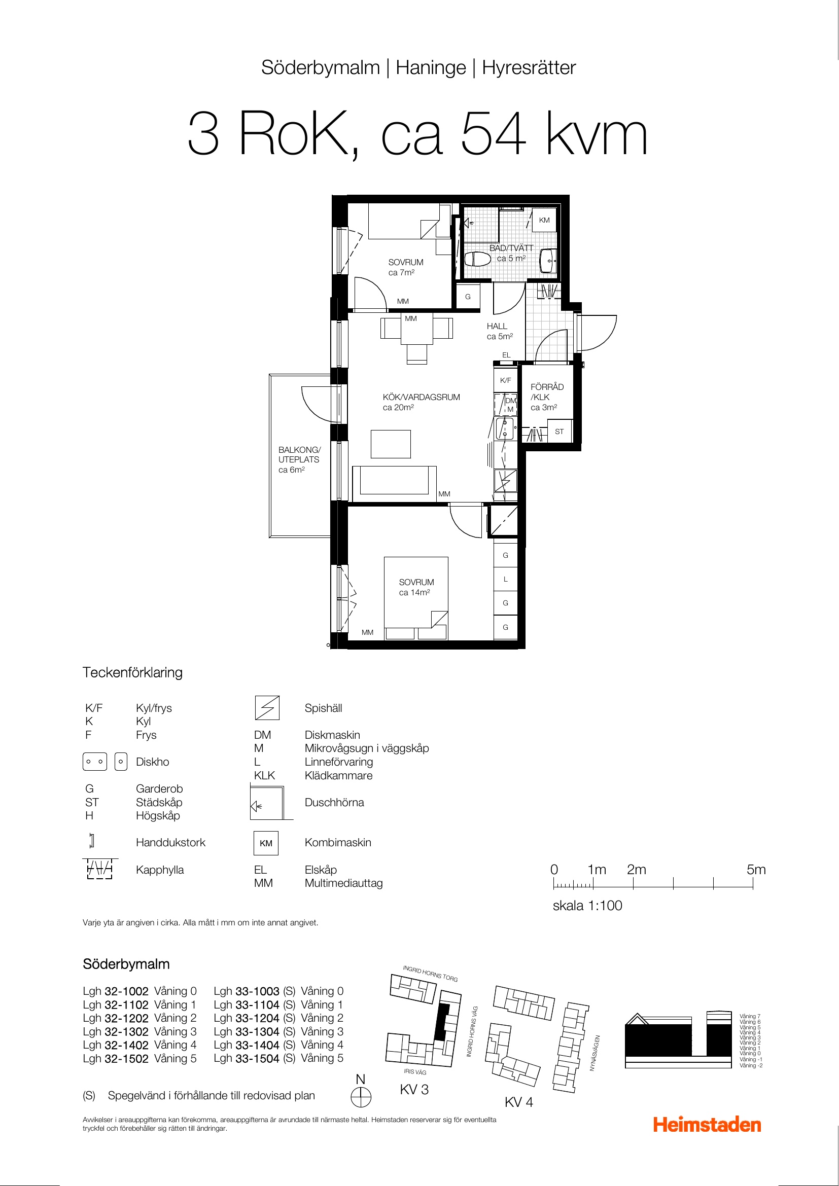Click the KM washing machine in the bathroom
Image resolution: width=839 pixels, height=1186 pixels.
(x=544, y=220)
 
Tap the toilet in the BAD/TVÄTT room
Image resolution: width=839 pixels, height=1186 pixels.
(x=478, y=259)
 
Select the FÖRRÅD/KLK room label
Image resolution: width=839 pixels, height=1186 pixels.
(x=547, y=397)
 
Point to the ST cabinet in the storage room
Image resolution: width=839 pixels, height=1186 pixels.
(x=560, y=432)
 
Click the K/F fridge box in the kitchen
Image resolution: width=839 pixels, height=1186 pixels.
(x=505, y=380)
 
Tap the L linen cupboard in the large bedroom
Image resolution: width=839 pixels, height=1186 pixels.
(x=506, y=580)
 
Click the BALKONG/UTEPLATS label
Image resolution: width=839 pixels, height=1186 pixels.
(x=299, y=460)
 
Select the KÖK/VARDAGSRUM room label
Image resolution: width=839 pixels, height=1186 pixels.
(x=421, y=402)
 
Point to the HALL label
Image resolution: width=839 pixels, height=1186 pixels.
(x=497, y=326)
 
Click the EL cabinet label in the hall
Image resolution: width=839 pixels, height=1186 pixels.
(x=506, y=355)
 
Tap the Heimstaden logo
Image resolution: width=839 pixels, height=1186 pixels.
(x=707, y=1125)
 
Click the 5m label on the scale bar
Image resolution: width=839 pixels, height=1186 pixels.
(x=756, y=870)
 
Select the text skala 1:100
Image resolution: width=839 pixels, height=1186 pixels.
(x=587, y=906)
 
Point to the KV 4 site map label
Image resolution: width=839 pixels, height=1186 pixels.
(x=519, y=1102)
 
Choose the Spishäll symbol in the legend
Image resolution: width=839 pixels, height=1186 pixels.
(x=267, y=708)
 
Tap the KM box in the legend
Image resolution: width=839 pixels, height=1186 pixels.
(x=266, y=844)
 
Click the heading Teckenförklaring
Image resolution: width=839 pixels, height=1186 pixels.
(x=133, y=672)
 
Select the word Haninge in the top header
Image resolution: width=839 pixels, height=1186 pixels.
(x=431, y=67)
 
